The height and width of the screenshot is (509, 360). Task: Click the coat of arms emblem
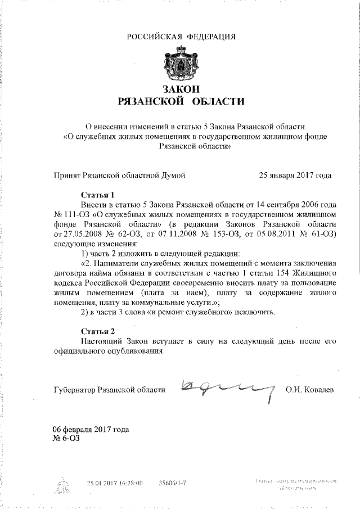(x=180, y=63)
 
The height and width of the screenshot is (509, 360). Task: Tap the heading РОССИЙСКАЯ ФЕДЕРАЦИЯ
(x=180, y=37)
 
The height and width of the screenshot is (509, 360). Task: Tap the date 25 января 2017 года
(x=294, y=175)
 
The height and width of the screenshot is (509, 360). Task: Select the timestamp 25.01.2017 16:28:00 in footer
(x=115, y=483)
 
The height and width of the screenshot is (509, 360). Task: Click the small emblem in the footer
(x=64, y=483)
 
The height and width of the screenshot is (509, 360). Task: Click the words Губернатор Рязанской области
(x=109, y=389)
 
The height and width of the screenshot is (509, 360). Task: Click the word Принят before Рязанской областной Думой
(x=66, y=175)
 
